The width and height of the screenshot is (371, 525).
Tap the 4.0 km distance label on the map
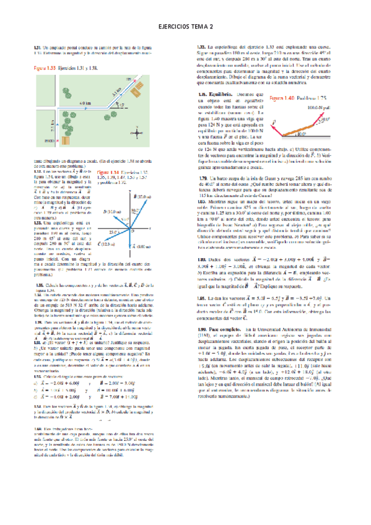[x=85, y=103]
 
